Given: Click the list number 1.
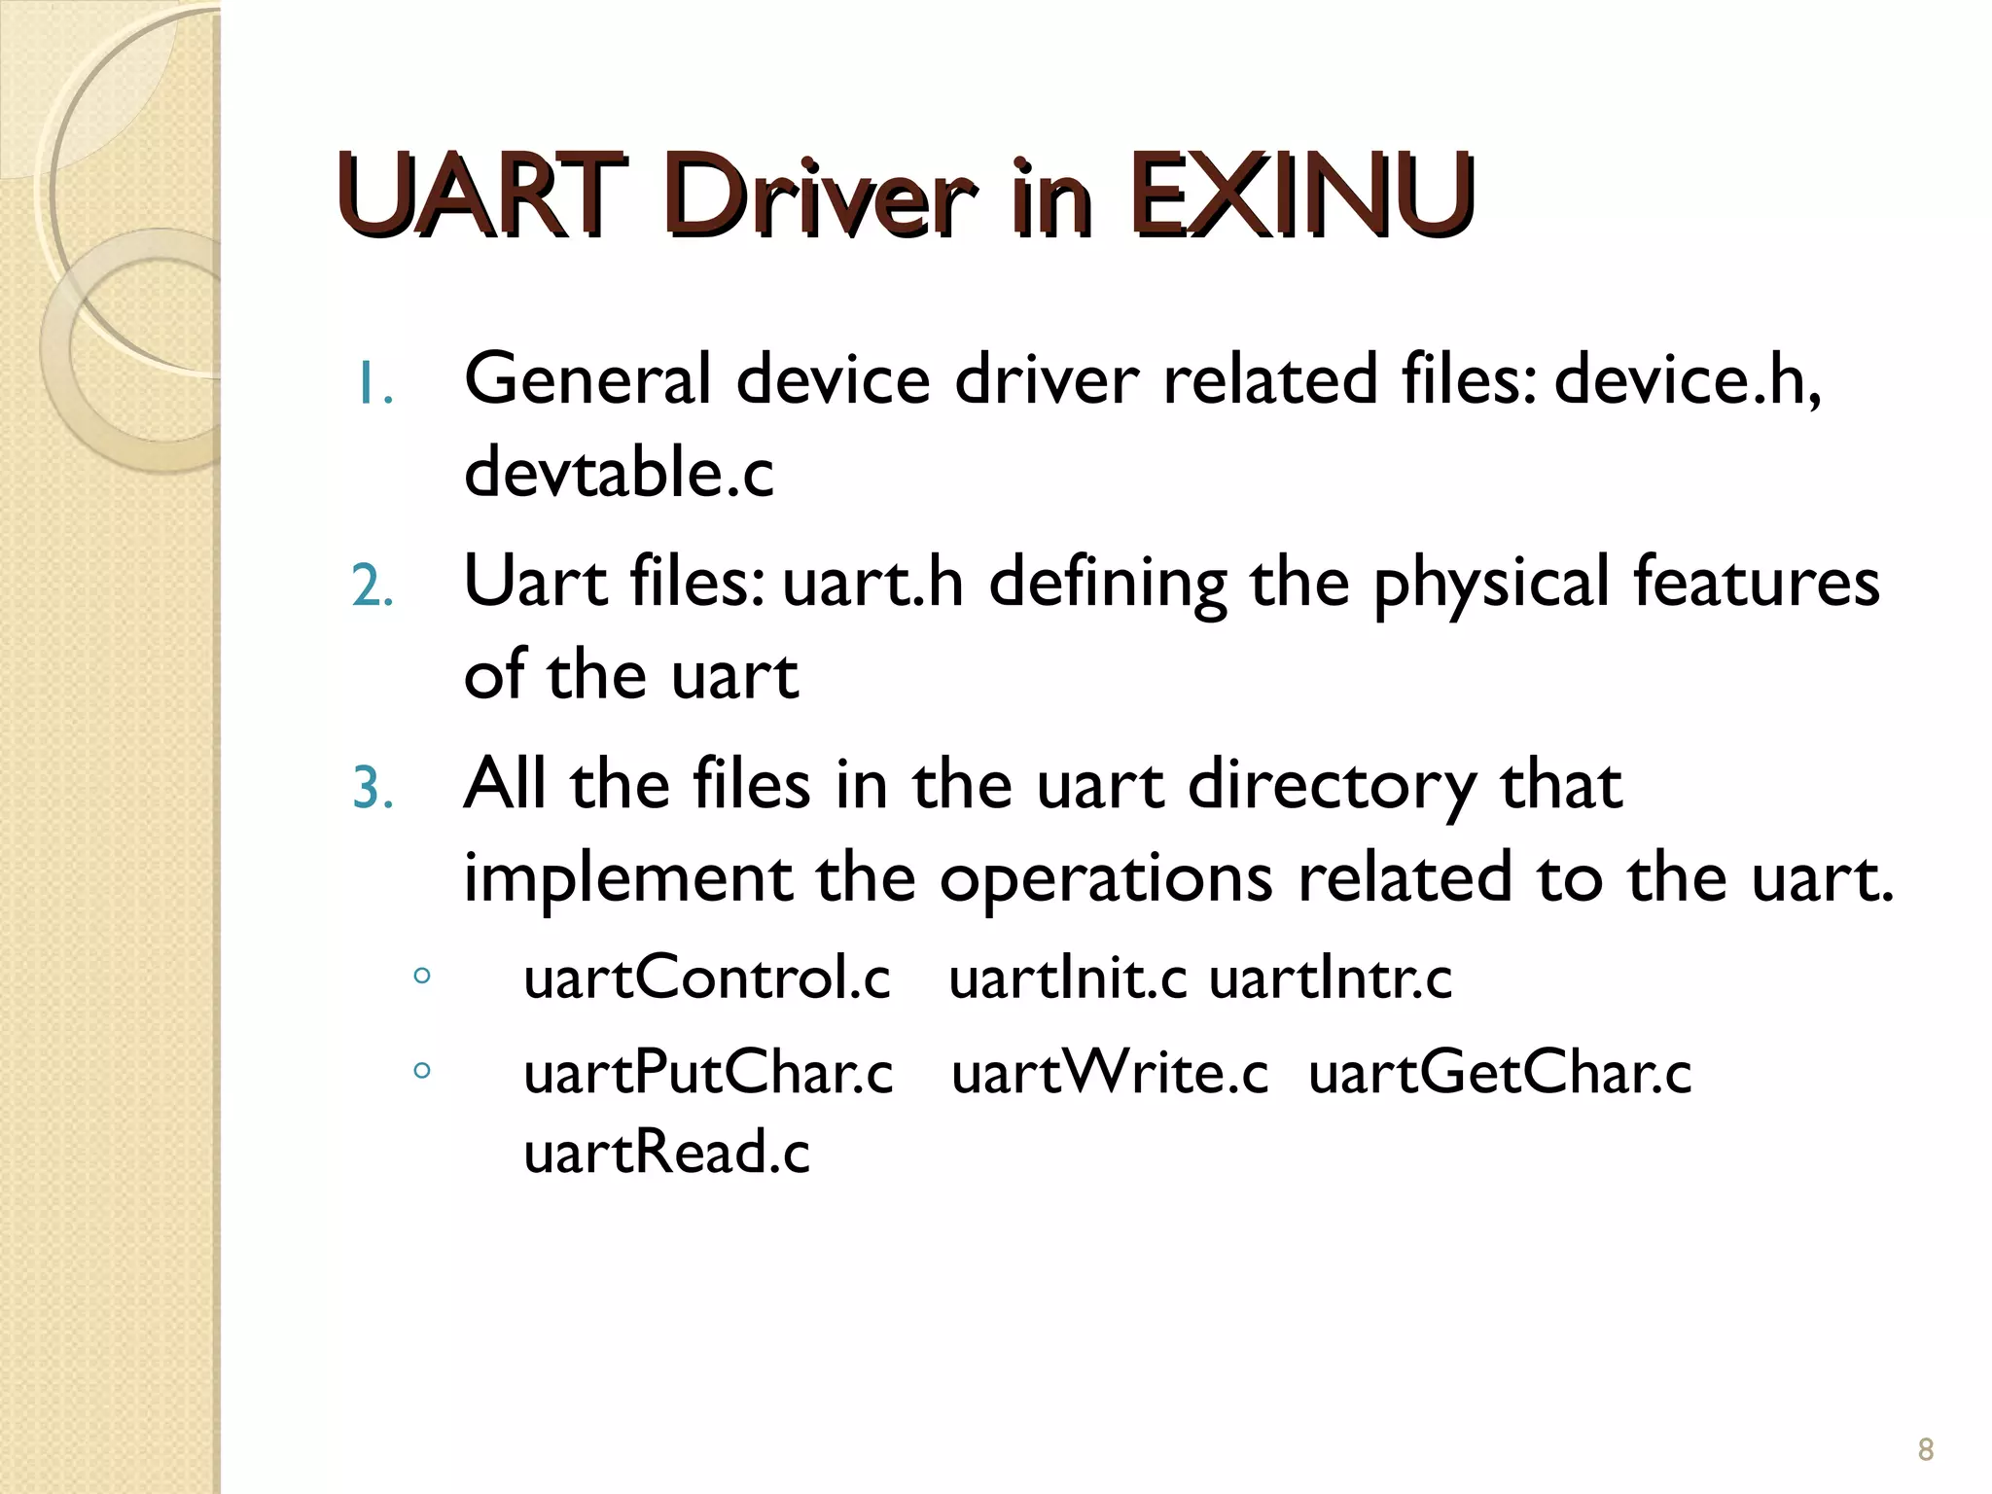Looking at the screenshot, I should tap(373, 385).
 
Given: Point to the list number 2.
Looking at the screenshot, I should tap(373, 587).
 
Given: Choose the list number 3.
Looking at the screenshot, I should tap(373, 789).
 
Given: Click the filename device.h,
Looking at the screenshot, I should tap(1688, 379).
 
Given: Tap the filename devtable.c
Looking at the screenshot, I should tap(619, 473).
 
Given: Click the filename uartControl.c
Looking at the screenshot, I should tap(707, 978).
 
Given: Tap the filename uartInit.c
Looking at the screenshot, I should tap(1067, 978).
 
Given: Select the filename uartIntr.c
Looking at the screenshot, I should tap(1331, 978).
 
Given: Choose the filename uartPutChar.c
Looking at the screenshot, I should tap(708, 1074).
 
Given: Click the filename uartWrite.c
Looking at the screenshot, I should tap(1110, 1074).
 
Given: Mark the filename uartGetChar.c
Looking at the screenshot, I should tap(1500, 1074).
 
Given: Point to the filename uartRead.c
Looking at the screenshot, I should tap(666, 1153).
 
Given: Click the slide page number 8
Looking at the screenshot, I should tap(1925, 1449).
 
